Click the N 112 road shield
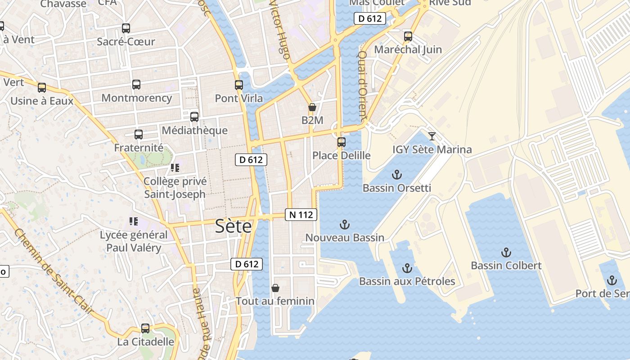pos(301,215)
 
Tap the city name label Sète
pos(233,226)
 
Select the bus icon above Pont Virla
pos(239,85)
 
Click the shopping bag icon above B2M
pos(312,107)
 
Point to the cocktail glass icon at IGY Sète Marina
pos(432,136)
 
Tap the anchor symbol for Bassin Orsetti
pos(396,174)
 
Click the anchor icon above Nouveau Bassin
pos(344,224)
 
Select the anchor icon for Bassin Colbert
pos(506,252)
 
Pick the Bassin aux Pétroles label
pos(407,281)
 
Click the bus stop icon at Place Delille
pos(342,142)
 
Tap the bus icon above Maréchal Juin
pos(408,36)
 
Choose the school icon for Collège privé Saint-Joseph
pos(175,168)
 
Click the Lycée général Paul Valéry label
pos(134,241)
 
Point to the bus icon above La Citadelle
pos(145,328)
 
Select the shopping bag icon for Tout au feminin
pos(275,288)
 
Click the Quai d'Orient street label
pos(362,85)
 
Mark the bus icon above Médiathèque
pos(194,117)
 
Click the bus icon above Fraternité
pos(139,134)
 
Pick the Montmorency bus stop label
pos(137,98)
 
